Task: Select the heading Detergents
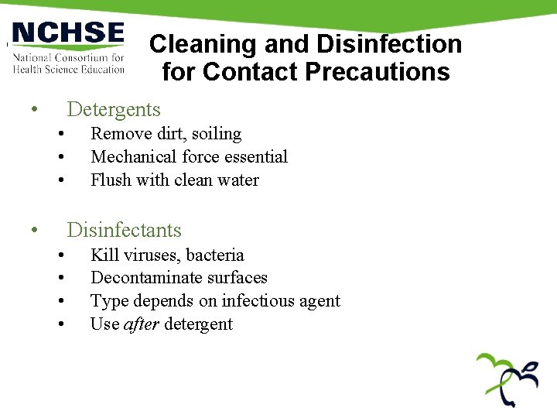[x=114, y=110]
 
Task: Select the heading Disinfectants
[x=124, y=230]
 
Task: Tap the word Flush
[x=111, y=180]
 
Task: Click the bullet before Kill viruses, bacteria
[x=60, y=255]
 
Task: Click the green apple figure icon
[x=507, y=379]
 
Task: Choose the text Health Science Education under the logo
[x=69, y=69]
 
